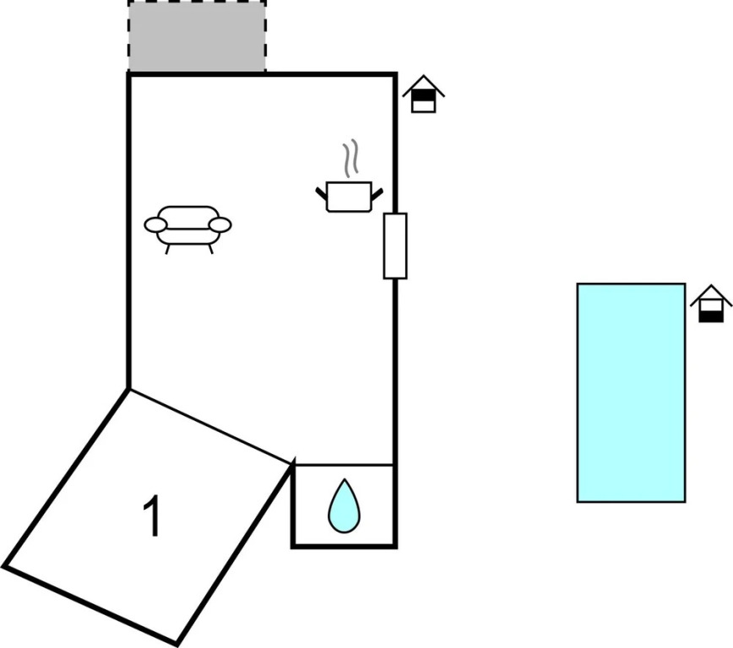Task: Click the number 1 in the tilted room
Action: pos(152,516)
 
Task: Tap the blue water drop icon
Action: pos(344,506)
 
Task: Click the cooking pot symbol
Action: pos(349,197)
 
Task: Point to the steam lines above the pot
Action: pos(350,158)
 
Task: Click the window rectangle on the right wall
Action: pos(395,246)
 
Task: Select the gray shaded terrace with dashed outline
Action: pos(197,36)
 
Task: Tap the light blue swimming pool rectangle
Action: pos(631,392)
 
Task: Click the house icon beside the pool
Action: pos(710,304)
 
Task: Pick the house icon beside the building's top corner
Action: pos(424,94)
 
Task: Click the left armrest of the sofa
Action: pos(155,224)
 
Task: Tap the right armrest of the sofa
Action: pos(220,224)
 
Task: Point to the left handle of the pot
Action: pos(321,193)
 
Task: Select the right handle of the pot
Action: pos(377,193)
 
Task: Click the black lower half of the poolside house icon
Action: pos(711,316)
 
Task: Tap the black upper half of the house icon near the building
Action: pos(424,95)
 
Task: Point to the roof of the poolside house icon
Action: pos(711,294)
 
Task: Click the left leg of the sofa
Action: pos(167,249)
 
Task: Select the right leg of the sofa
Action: pos(210,249)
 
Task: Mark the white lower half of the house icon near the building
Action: pos(424,106)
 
